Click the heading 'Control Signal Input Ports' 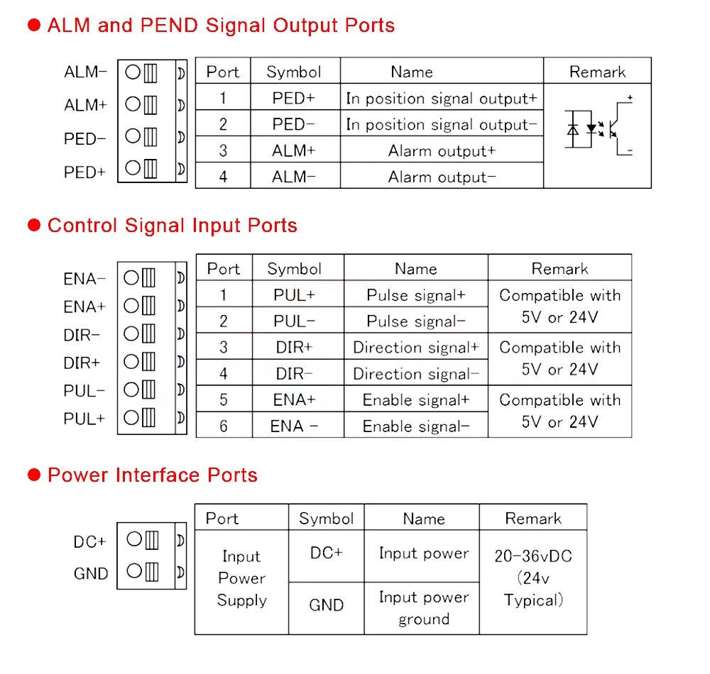[172, 226]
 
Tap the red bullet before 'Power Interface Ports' [34, 475]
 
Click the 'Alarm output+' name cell [442, 151]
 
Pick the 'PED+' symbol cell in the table [294, 99]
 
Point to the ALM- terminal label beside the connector [85, 72]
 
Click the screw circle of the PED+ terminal [133, 168]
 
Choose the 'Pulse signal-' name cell [416, 321]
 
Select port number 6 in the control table [224, 426]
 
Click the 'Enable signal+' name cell [416, 400]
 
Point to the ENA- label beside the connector [84, 279]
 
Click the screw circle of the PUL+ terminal [131, 417]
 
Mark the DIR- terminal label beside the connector [82, 335]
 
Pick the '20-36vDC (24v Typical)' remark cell [533, 578]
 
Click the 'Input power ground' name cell [424, 608]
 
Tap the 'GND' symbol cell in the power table [327, 605]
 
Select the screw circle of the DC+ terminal [133, 540]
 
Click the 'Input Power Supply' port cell [241, 578]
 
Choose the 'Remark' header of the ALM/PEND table [597, 72]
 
